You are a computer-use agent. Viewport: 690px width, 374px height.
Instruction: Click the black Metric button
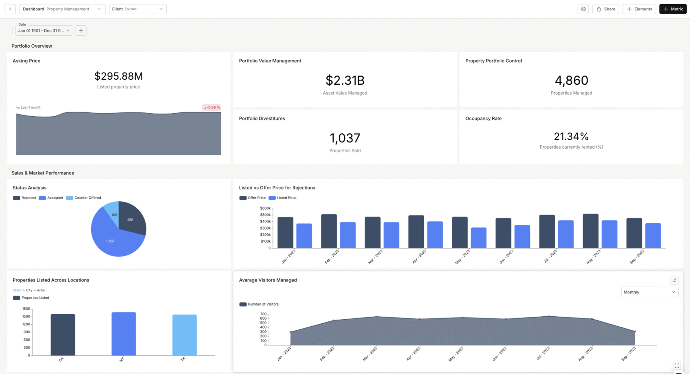673,9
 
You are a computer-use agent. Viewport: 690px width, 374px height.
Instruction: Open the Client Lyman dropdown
137,9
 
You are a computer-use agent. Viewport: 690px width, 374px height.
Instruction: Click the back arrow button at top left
10,9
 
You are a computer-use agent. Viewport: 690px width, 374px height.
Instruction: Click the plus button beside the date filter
81,30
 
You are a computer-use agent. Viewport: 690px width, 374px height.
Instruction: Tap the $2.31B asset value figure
345,80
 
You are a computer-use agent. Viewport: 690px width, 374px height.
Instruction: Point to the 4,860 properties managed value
571,80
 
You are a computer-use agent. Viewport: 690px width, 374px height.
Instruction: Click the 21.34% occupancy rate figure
571,136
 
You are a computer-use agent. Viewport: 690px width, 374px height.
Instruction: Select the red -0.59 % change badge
211,107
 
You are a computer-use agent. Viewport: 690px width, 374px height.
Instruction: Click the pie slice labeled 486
132,218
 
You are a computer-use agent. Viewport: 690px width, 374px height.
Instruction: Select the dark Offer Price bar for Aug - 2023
590,231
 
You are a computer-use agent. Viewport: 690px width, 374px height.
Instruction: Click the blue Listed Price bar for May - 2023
478,237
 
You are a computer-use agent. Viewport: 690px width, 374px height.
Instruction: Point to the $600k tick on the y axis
265,208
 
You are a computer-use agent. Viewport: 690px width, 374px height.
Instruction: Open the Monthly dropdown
649,292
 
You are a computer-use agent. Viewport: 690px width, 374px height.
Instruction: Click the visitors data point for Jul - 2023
549,316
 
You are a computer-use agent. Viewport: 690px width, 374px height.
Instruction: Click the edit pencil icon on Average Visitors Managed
674,280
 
